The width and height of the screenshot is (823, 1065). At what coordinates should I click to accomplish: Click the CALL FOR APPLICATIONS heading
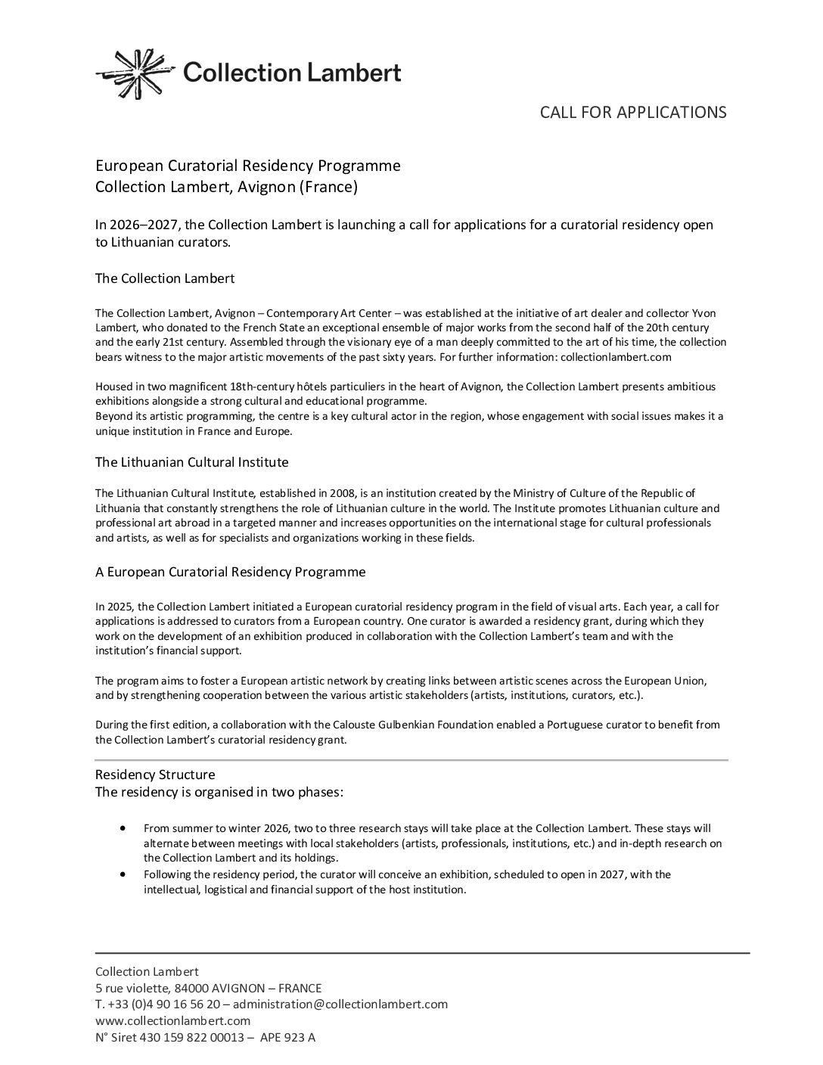click(632, 112)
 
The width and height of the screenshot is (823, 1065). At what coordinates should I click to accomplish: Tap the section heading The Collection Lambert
click(165, 278)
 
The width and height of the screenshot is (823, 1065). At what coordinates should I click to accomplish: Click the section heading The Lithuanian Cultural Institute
click(191, 461)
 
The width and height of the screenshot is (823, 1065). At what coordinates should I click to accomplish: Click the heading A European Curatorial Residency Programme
click(230, 572)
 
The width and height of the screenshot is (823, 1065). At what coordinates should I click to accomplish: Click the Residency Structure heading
click(155, 775)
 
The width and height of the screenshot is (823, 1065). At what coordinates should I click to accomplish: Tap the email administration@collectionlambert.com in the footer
click(340, 1004)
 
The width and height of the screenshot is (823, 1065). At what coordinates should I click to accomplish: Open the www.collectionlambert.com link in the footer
click(172, 1020)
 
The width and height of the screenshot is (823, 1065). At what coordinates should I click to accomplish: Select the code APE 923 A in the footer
click(287, 1037)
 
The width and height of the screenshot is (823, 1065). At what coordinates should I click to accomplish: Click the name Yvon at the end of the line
click(703, 313)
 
